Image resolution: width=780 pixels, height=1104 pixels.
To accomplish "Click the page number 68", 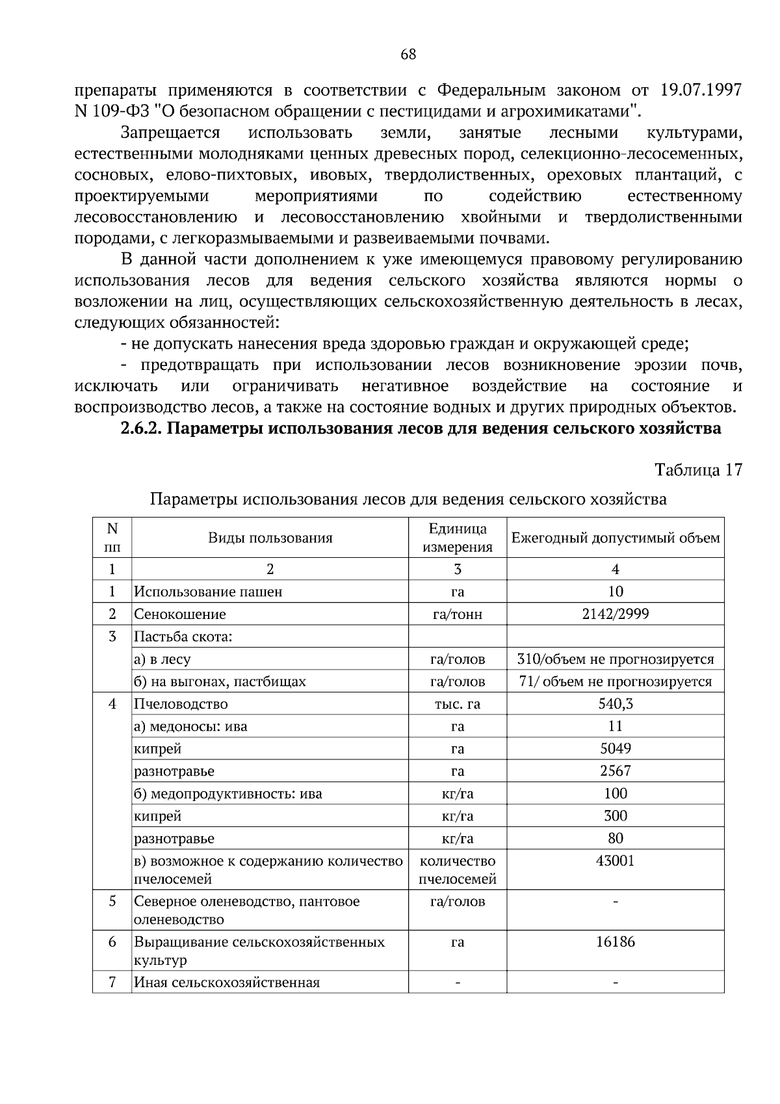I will click(x=408, y=55).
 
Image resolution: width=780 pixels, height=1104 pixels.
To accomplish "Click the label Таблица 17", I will click(x=698, y=470).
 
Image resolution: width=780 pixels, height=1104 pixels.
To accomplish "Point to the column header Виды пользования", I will click(x=270, y=538).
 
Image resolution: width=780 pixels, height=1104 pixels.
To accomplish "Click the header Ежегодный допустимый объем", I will click(x=615, y=538).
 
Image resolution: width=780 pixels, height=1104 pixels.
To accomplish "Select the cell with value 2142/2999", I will click(x=615, y=614).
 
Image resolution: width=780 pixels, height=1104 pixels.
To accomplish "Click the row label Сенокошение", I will click(x=180, y=614).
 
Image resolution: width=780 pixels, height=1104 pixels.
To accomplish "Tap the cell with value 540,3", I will click(x=615, y=704).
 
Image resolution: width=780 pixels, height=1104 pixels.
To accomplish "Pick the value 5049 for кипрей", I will click(x=615, y=749).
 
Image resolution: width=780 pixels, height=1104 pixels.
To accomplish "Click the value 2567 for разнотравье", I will click(x=615, y=771).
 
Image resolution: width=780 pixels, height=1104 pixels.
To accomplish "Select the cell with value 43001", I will click(x=615, y=861).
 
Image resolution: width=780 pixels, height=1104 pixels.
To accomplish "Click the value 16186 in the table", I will click(x=615, y=941).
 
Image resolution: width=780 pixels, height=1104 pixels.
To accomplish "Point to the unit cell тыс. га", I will click(x=457, y=704).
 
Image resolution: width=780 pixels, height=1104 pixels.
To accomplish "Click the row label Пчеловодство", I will click(x=181, y=704).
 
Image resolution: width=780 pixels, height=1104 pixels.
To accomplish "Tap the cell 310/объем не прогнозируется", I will click(x=615, y=659).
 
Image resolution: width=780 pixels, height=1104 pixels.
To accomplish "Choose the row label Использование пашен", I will click(x=208, y=592).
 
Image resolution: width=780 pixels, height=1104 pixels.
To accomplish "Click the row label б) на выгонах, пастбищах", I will click(x=220, y=681).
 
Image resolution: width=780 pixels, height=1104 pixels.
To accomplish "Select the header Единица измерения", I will click(x=457, y=538).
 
